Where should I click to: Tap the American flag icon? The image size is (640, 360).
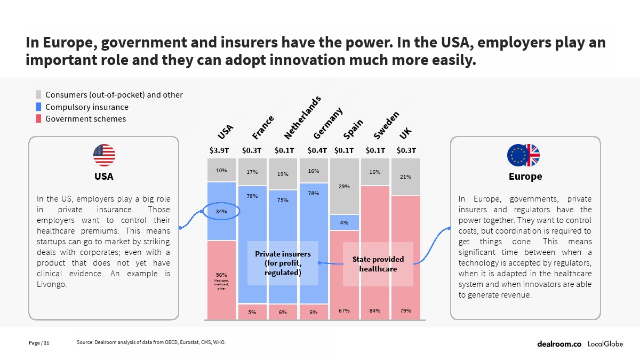(x=104, y=155)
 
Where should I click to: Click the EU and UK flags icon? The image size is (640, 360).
(x=523, y=155)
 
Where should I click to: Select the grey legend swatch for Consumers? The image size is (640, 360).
(x=38, y=95)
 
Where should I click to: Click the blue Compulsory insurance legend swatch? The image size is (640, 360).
(x=38, y=107)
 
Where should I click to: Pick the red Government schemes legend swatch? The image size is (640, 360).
(x=38, y=118)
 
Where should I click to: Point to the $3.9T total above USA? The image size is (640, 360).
(x=219, y=150)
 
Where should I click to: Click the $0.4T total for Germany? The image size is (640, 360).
(x=317, y=150)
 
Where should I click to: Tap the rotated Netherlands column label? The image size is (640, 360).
(x=302, y=117)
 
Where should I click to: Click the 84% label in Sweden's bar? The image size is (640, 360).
(x=375, y=310)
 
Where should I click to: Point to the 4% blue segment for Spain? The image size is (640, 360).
(x=344, y=222)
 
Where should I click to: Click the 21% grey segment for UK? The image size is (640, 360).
(x=405, y=177)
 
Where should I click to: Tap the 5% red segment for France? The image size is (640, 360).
(x=252, y=312)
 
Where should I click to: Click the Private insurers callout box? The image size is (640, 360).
(x=283, y=263)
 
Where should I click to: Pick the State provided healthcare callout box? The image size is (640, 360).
(x=378, y=264)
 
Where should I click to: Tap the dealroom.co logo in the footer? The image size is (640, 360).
(x=559, y=344)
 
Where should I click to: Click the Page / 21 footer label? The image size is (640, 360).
(x=39, y=342)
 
